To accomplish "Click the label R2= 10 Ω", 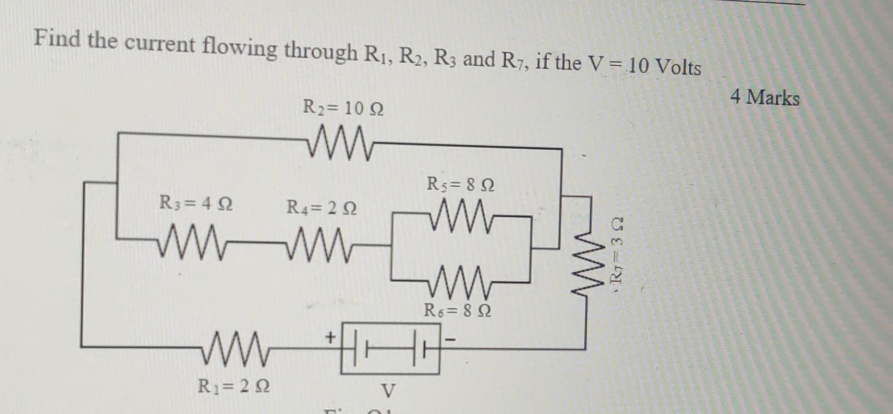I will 343,108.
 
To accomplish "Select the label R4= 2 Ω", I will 321,208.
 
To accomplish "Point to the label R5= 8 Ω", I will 461,184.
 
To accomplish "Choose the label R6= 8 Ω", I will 457,310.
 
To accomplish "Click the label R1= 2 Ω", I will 233,387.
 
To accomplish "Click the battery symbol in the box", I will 390,348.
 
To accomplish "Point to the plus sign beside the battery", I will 331,336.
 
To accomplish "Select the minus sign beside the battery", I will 450,338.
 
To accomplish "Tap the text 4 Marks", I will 764,97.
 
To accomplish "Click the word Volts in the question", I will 678,67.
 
